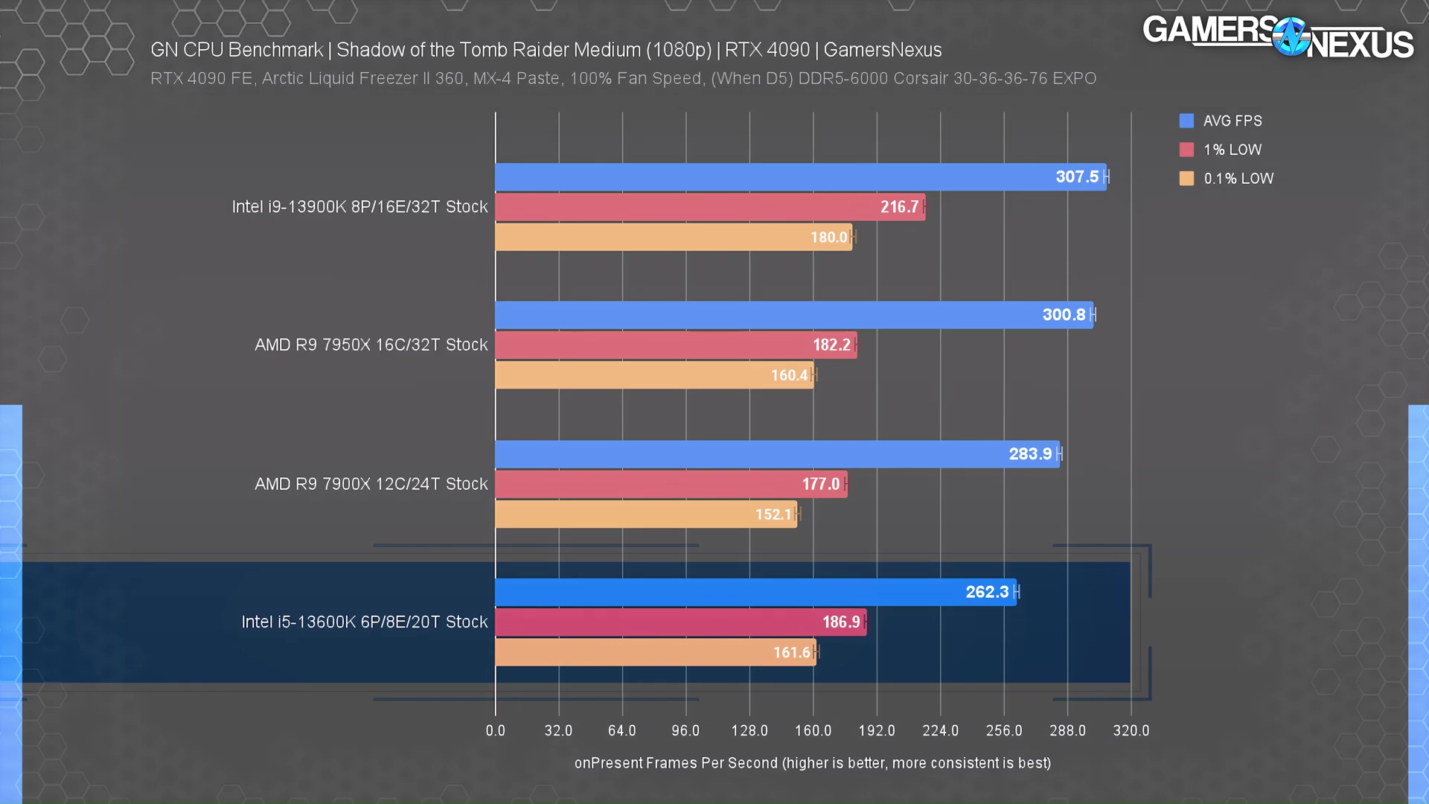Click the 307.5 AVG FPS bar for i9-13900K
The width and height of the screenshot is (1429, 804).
(x=800, y=177)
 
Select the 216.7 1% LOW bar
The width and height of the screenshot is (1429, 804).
(x=710, y=207)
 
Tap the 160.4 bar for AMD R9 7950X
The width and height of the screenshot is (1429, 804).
(x=654, y=375)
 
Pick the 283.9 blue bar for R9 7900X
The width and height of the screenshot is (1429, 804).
(x=777, y=454)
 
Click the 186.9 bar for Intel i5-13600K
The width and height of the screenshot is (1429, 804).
(x=680, y=622)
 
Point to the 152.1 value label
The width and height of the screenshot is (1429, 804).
(x=773, y=514)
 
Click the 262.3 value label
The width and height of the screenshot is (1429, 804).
(x=987, y=592)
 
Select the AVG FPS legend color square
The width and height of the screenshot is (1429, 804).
(x=1186, y=121)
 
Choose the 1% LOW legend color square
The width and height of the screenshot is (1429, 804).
(x=1186, y=150)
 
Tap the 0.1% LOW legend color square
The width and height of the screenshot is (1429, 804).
(x=1186, y=179)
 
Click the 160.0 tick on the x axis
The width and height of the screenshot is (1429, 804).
(x=813, y=730)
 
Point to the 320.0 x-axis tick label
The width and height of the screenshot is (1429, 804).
(x=1131, y=730)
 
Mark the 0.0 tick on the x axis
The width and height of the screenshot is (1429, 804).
(x=495, y=730)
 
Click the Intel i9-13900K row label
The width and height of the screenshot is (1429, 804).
(x=359, y=207)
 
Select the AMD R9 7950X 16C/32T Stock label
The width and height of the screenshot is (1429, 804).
(x=371, y=345)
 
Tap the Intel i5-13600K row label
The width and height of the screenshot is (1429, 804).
(x=364, y=622)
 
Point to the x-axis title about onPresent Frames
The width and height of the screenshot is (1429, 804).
(x=812, y=763)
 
